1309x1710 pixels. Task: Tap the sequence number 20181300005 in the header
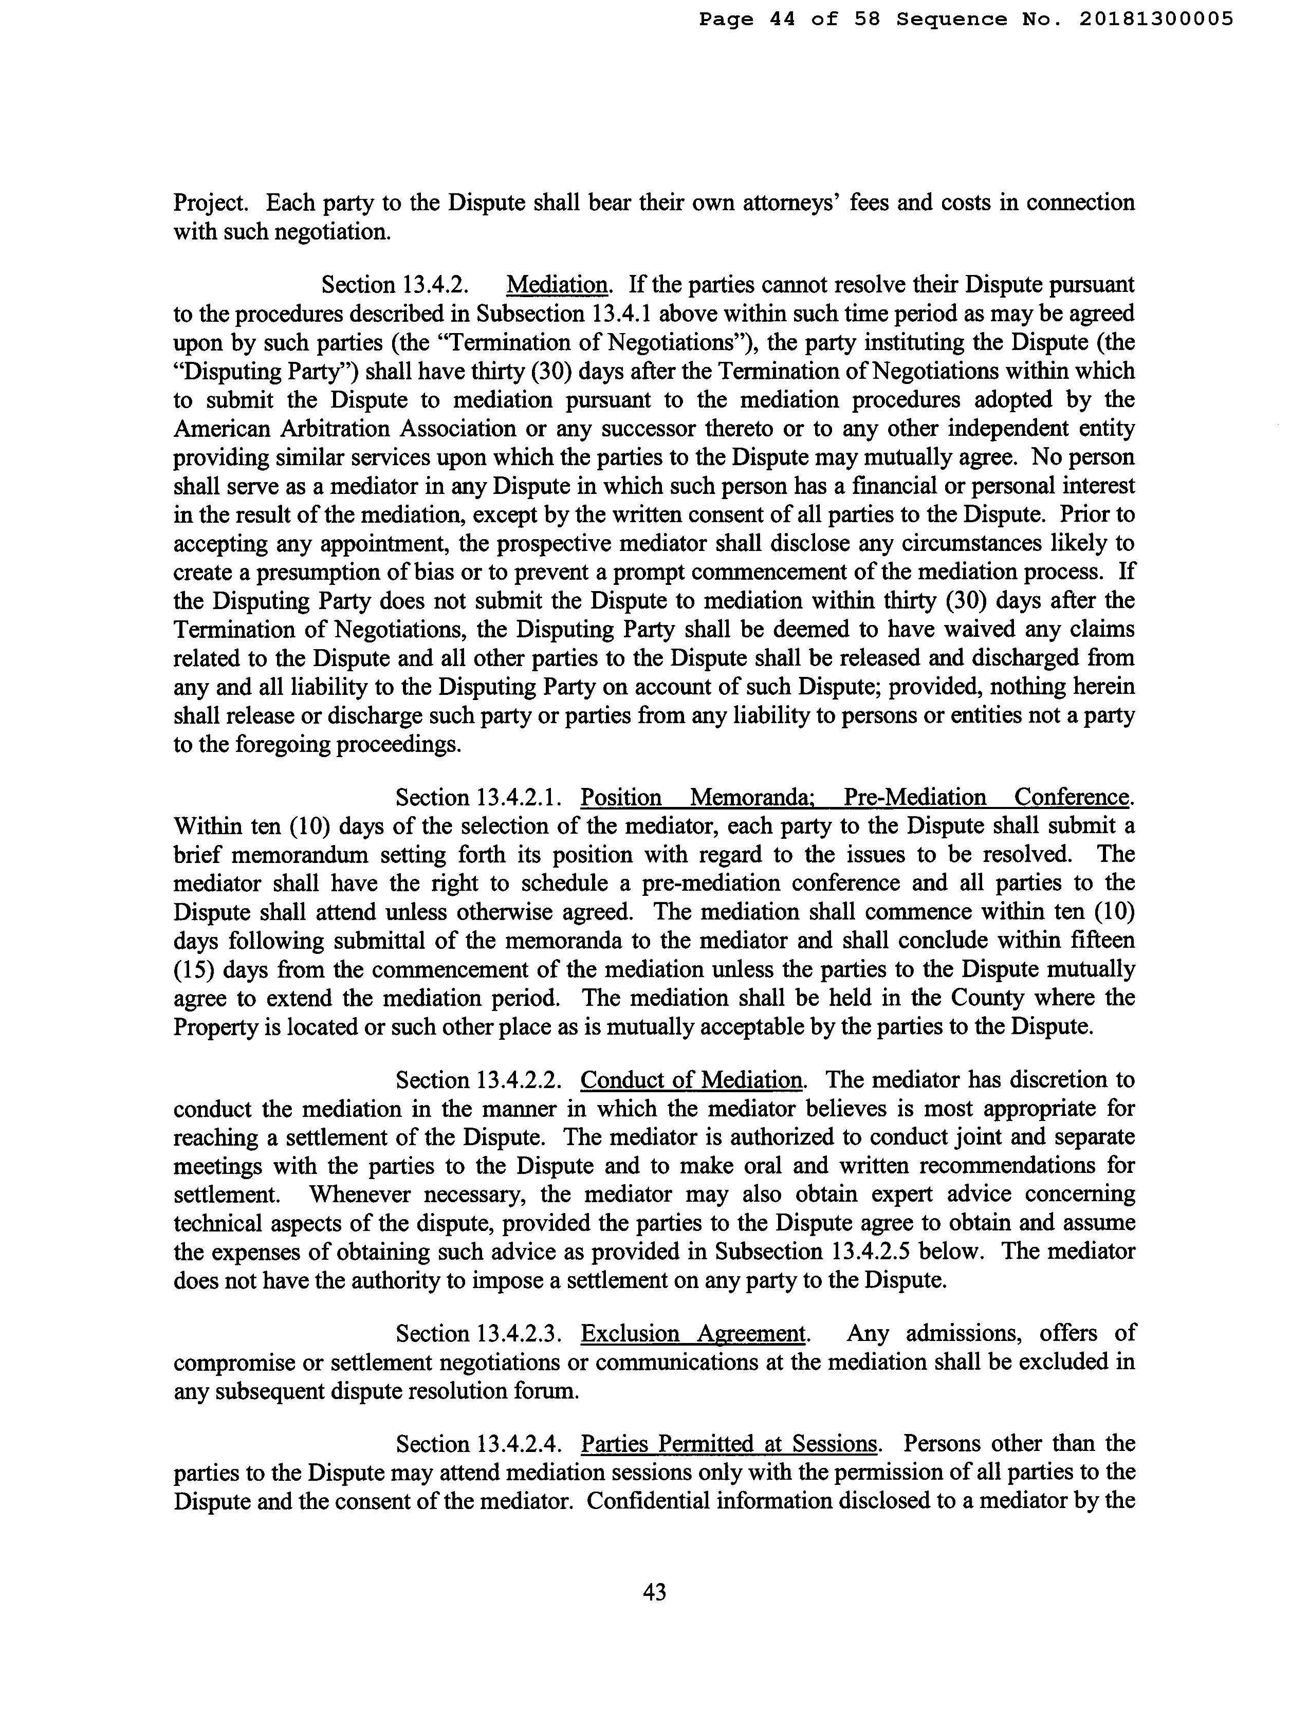tap(1156, 19)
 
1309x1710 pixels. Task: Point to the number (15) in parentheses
tap(192, 970)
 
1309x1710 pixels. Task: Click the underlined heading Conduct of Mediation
tap(691, 1080)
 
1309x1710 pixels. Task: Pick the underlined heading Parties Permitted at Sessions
tap(729, 1444)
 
